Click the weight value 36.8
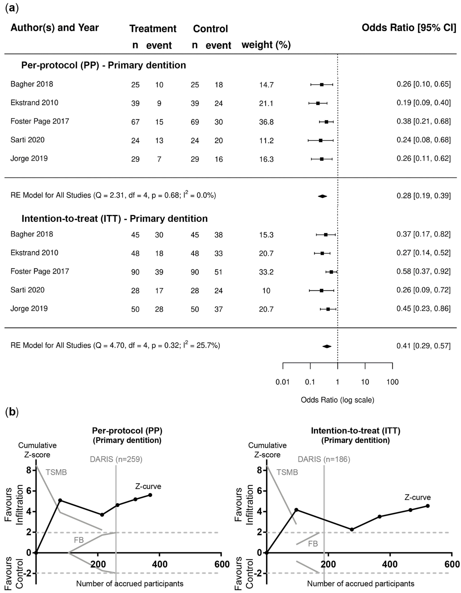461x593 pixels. (x=266, y=122)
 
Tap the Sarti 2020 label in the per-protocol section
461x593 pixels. (x=27, y=140)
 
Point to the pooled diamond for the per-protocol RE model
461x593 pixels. (x=323, y=196)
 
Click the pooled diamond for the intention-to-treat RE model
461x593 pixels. (x=327, y=346)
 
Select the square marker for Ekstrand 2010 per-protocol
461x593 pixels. (x=318, y=103)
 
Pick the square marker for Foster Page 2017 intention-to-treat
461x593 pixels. (x=331, y=272)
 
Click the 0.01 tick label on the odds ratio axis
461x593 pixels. (x=283, y=382)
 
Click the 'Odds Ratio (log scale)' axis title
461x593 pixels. (x=337, y=400)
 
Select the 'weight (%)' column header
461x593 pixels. (x=266, y=45)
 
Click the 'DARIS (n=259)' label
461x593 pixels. (x=116, y=459)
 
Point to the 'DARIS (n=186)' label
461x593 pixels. (x=324, y=459)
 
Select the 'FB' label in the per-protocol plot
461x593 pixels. (x=79, y=540)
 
